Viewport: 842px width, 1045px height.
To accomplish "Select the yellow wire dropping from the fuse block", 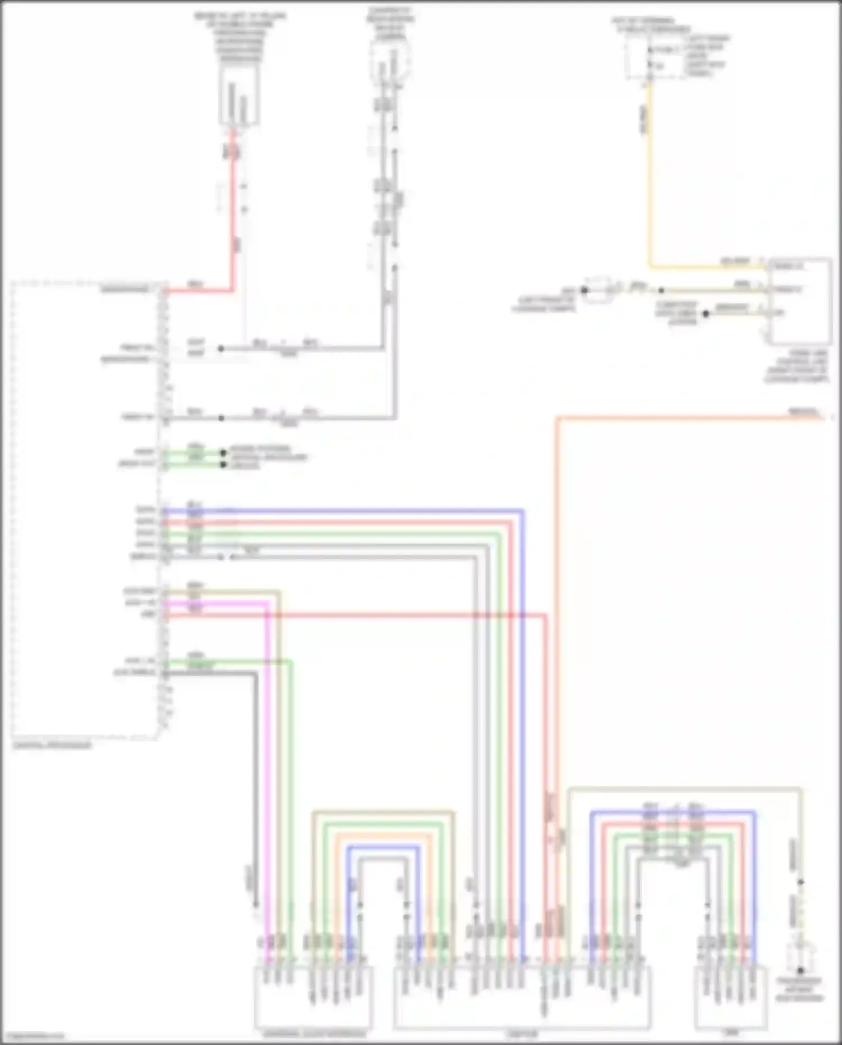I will (x=650, y=180).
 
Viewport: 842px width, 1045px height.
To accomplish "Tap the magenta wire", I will (x=266, y=730).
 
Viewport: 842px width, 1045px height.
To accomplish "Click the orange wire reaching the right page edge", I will (x=674, y=417).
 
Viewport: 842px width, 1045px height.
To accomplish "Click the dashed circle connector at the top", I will (x=389, y=60).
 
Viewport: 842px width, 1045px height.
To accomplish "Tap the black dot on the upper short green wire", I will (x=223, y=451).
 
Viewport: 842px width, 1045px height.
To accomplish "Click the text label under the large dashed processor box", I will (x=52, y=746).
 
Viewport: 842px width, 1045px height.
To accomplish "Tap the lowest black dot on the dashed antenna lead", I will (x=800, y=970).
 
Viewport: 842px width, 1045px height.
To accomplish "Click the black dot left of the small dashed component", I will (x=584, y=290).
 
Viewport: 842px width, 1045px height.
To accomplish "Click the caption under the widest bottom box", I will (x=522, y=1034).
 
